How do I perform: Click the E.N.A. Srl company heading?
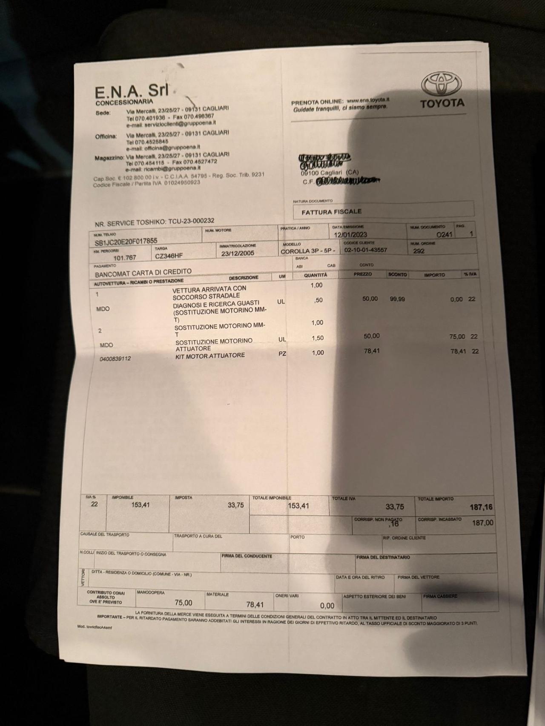[x=132, y=91]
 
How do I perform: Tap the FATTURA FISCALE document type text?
[x=332, y=211]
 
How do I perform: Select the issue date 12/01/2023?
[x=350, y=234]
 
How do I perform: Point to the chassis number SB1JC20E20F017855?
[x=126, y=241]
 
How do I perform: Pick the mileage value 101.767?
[x=125, y=257]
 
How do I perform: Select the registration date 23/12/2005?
[x=238, y=253]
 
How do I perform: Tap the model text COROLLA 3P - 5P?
[x=308, y=251]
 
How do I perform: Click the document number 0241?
[x=445, y=234]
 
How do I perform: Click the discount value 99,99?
[x=397, y=299]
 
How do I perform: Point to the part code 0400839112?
[x=115, y=359]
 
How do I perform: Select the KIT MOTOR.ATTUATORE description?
[x=210, y=355]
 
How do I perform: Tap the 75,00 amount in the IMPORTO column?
[x=457, y=336]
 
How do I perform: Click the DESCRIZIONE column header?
[x=244, y=278]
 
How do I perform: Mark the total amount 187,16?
[x=482, y=507]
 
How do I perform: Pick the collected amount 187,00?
[x=482, y=523]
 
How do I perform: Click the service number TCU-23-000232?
[x=191, y=221]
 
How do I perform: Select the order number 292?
[x=419, y=251]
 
